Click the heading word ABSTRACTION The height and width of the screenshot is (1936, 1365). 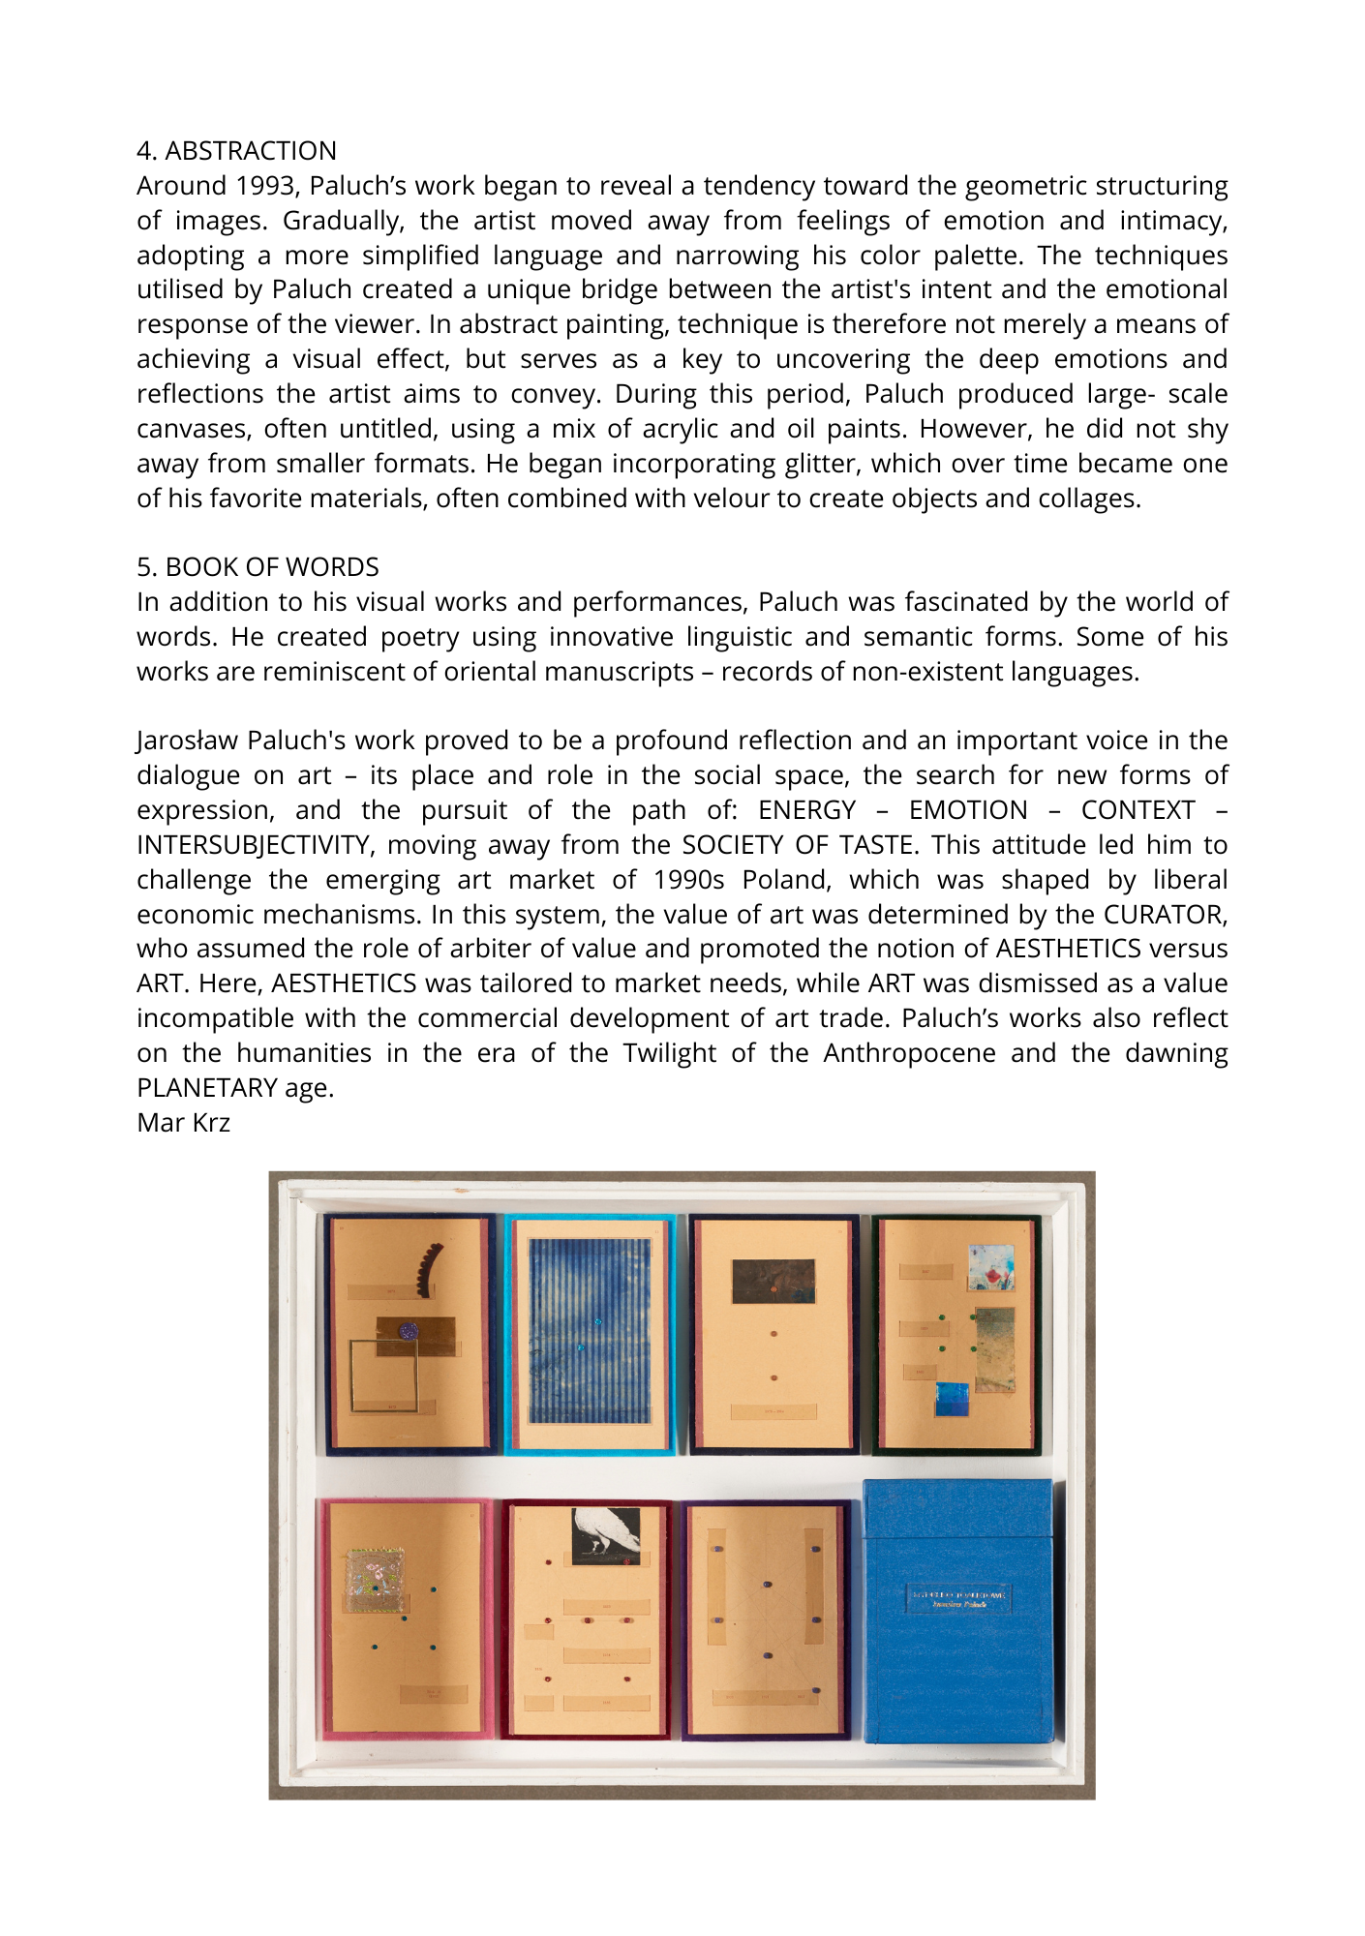251,151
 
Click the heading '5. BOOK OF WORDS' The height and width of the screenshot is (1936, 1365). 258,567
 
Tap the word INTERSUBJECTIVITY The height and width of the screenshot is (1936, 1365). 254,845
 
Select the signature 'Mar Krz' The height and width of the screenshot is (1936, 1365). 183,1123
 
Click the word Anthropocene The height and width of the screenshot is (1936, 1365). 909,1053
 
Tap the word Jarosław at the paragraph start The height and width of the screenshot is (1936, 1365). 188,741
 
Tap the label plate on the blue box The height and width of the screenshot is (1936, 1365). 959,1598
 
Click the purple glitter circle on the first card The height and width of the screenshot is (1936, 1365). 409,1331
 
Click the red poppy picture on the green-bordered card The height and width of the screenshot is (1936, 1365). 991,1268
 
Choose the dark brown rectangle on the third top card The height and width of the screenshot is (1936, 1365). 773,1281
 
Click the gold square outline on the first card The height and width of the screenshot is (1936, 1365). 383,1376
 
